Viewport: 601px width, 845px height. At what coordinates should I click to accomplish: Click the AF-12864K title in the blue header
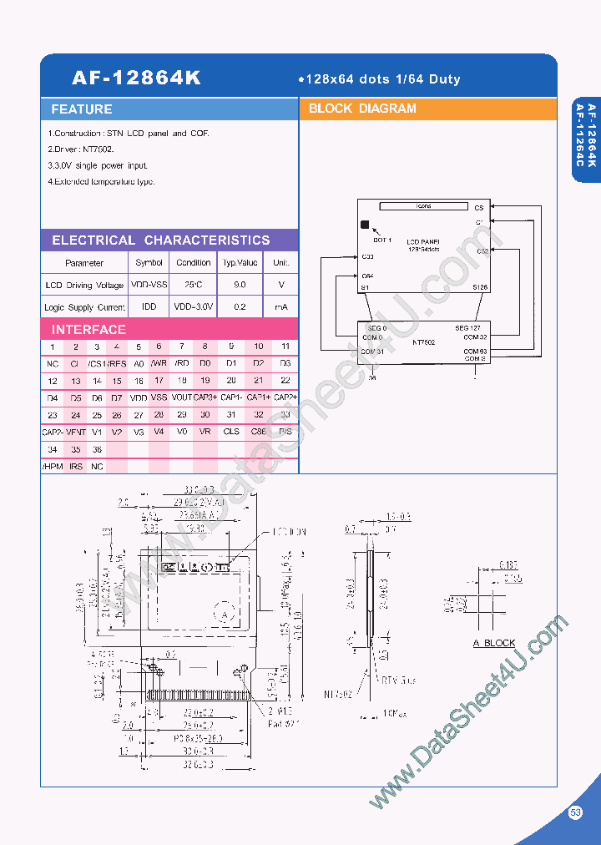[x=136, y=78]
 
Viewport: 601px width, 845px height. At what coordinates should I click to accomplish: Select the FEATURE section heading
[x=82, y=109]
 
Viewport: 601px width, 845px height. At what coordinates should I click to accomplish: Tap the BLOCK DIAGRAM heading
[x=362, y=109]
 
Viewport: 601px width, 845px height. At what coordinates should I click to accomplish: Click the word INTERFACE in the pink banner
[x=88, y=329]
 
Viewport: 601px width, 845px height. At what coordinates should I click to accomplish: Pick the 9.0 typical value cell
[x=240, y=285]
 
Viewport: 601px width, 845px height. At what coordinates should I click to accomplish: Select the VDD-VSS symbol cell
[x=149, y=285]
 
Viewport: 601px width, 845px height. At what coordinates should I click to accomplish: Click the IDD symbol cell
[x=149, y=307]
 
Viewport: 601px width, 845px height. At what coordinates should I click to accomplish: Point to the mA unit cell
[x=281, y=307]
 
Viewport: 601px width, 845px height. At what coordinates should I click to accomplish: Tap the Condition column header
[x=194, y=262]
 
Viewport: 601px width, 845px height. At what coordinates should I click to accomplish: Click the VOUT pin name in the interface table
[x=181, y=397]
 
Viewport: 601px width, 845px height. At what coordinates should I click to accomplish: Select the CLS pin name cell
[x=231, y=432]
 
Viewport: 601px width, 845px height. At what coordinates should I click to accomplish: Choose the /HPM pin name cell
[x=52, y=466]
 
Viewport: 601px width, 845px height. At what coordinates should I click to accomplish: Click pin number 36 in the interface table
[x=97, y=449]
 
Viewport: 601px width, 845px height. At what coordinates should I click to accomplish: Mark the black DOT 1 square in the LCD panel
[x=364, y=224]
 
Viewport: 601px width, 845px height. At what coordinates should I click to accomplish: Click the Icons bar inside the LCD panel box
[x=423, y=205]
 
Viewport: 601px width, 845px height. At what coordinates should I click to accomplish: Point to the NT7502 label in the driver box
[x=424, y=342]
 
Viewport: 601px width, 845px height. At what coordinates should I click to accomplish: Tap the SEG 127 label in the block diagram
[x=467, y=328]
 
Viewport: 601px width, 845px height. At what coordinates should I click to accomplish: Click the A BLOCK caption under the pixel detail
[x=494, y=643]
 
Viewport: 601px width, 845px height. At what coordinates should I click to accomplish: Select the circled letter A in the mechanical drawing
[x=224, y=614]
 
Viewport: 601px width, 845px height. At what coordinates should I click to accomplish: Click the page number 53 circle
[x=575, y=812]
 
